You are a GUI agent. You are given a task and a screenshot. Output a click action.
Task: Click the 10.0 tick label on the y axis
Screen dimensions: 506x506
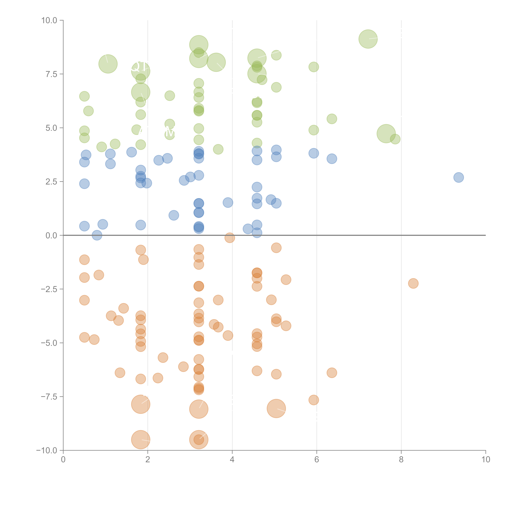[49, 20]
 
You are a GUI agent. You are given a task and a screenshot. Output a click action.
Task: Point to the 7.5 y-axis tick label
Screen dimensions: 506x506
[51, 74]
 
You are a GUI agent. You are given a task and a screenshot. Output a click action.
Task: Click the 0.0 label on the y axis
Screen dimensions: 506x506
[51, 235]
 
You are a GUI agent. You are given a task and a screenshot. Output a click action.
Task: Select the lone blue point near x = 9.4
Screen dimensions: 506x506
[459, 177]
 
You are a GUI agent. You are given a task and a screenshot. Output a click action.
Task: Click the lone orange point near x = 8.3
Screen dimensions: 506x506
[413, 283]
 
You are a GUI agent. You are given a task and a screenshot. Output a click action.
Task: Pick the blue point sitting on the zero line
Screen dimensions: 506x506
[97, 235]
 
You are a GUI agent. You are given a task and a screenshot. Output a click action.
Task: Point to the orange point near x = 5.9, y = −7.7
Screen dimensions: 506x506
[314, 400]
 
